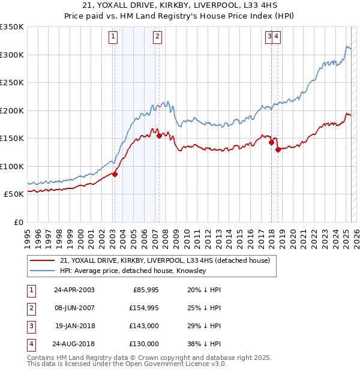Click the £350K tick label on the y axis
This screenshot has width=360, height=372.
[12, 27]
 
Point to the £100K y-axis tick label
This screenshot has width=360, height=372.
[12, 166]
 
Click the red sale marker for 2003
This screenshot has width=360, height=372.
[115, 174]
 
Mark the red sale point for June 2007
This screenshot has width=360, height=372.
[159, 136]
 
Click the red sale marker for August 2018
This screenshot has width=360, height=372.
[278, 150]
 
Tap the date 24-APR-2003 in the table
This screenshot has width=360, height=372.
[74, 290]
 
